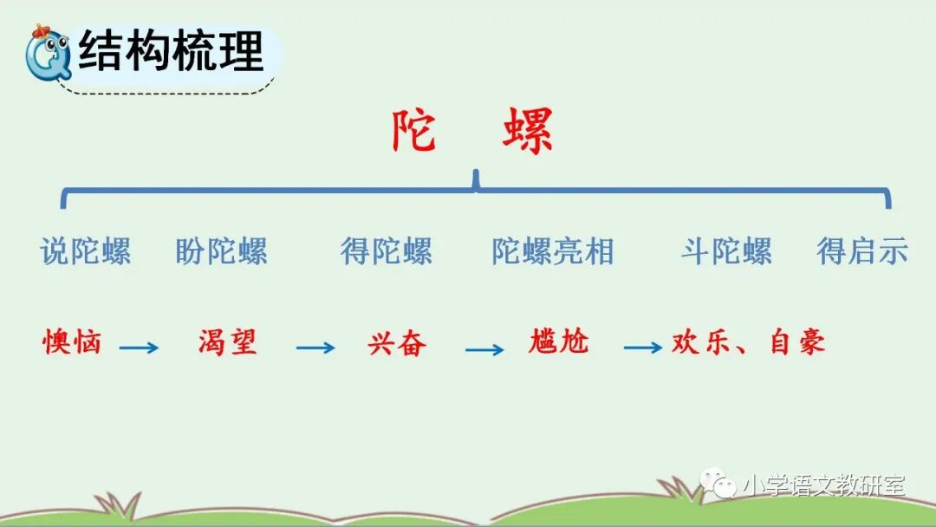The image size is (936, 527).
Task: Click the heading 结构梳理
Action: pos(171,52)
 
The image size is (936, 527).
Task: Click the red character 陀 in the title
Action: pos(413,133)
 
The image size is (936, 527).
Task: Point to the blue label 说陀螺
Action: pos(85,251)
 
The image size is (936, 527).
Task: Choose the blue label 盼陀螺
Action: pos(221,251)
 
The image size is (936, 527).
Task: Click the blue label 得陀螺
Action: pos(386,251)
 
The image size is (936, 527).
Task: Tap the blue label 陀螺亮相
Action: pos(552,251)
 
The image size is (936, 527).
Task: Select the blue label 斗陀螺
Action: pos(725,251)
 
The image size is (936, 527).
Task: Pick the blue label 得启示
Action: pos(861,251)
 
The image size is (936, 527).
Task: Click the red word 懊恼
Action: pos(73,342)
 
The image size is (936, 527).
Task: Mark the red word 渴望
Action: pos(227,342)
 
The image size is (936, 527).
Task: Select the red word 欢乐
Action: pos(700,342)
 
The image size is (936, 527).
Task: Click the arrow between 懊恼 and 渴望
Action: pos(139,348)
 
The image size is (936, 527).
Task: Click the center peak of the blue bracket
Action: pos(475,179)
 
